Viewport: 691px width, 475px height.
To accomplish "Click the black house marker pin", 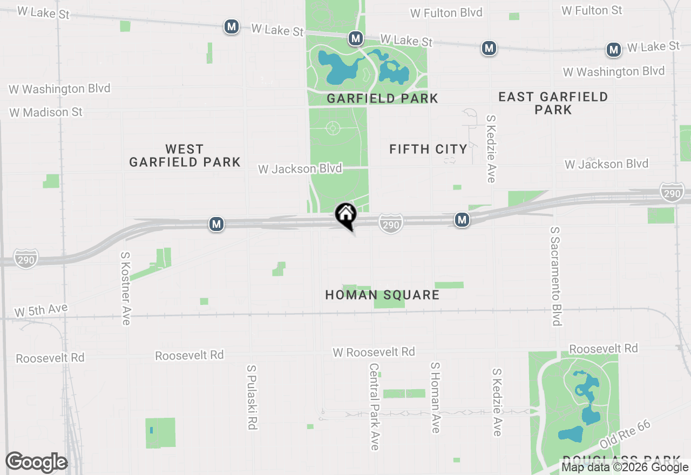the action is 345,215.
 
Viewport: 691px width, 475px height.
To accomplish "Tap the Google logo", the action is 36,463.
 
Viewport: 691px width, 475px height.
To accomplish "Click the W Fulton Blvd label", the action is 446,13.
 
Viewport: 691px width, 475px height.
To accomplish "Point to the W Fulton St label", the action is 592,10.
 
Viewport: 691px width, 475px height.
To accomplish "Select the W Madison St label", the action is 46,112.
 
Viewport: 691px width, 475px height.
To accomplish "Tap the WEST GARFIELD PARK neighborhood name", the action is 185,155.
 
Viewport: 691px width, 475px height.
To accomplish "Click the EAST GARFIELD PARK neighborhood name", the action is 553,103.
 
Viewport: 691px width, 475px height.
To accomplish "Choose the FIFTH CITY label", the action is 428,150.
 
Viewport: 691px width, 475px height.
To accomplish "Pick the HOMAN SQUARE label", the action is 382,295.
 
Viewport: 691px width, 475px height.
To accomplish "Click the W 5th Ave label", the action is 41,310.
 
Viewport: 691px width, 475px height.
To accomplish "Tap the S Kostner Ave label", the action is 126,288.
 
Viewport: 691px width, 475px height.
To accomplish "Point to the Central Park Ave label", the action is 374,406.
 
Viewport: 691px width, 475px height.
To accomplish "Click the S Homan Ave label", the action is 435,397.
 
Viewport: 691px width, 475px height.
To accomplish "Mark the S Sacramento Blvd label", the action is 555,276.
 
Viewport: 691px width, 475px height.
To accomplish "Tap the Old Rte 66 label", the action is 626,434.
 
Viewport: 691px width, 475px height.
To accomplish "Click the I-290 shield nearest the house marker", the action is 390,224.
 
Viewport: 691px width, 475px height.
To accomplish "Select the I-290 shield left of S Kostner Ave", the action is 25,259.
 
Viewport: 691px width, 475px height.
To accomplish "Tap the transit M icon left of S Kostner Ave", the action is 216,223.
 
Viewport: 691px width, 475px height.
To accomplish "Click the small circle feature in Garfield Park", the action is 333,128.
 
